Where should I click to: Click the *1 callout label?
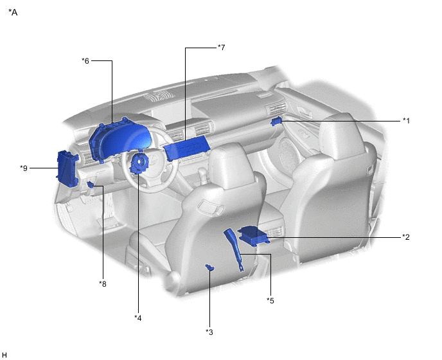(x=406, y=121)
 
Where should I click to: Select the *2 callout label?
(x=406, y=237)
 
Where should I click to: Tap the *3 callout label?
(x=209, y=332)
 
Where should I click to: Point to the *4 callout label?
(x=138, y=318)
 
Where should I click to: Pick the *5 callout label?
(x=270, y=301)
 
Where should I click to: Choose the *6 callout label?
(x=85, y=60)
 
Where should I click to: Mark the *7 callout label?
(x=222, y=48)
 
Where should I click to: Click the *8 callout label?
(x=103, y=284)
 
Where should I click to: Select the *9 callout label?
(x=24, y=168)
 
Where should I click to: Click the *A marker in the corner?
(x=13, y=12)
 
